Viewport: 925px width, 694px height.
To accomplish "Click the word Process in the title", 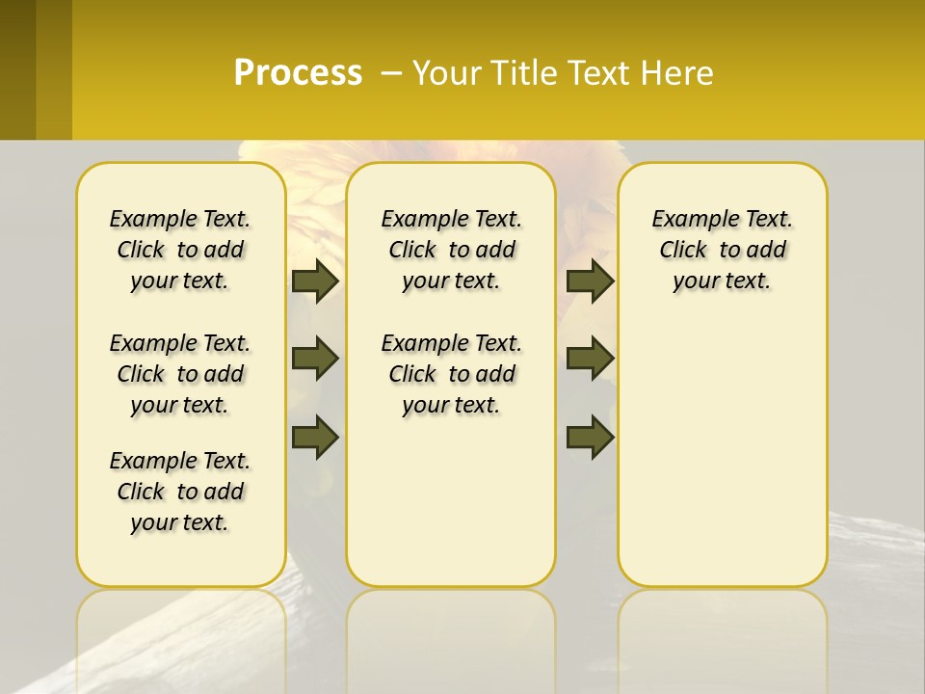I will (298, 72).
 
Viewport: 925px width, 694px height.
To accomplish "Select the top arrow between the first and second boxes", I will (315, 280).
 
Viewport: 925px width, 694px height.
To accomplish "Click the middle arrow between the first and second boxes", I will (315, 359).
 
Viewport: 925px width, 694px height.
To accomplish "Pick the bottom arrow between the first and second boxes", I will (315, 437).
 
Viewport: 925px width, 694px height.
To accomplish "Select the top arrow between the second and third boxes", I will (590, 280).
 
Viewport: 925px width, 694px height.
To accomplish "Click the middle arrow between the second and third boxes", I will (590, 359).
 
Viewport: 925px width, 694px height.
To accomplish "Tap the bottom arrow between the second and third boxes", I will (590, 437).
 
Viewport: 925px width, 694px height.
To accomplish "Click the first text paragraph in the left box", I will (180, 250).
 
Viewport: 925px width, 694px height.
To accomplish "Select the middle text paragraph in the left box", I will (180, 374).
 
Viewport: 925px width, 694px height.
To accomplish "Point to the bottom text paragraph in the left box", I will (180, 492).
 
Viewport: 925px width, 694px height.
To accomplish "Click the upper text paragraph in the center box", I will (451, 250).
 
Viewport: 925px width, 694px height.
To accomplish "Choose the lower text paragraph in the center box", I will (451, 374).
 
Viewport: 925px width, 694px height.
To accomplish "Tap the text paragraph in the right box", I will (722, 250).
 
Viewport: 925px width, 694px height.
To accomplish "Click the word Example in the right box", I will (686, 220).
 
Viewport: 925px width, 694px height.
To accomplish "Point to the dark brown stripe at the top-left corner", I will (17, 69).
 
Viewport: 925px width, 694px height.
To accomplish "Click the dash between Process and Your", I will (391, 73).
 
